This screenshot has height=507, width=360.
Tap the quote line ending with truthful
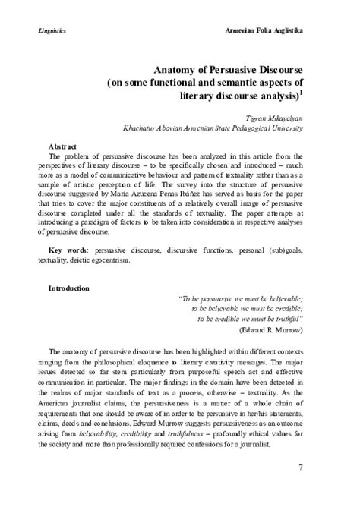click(x=250, y=320)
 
